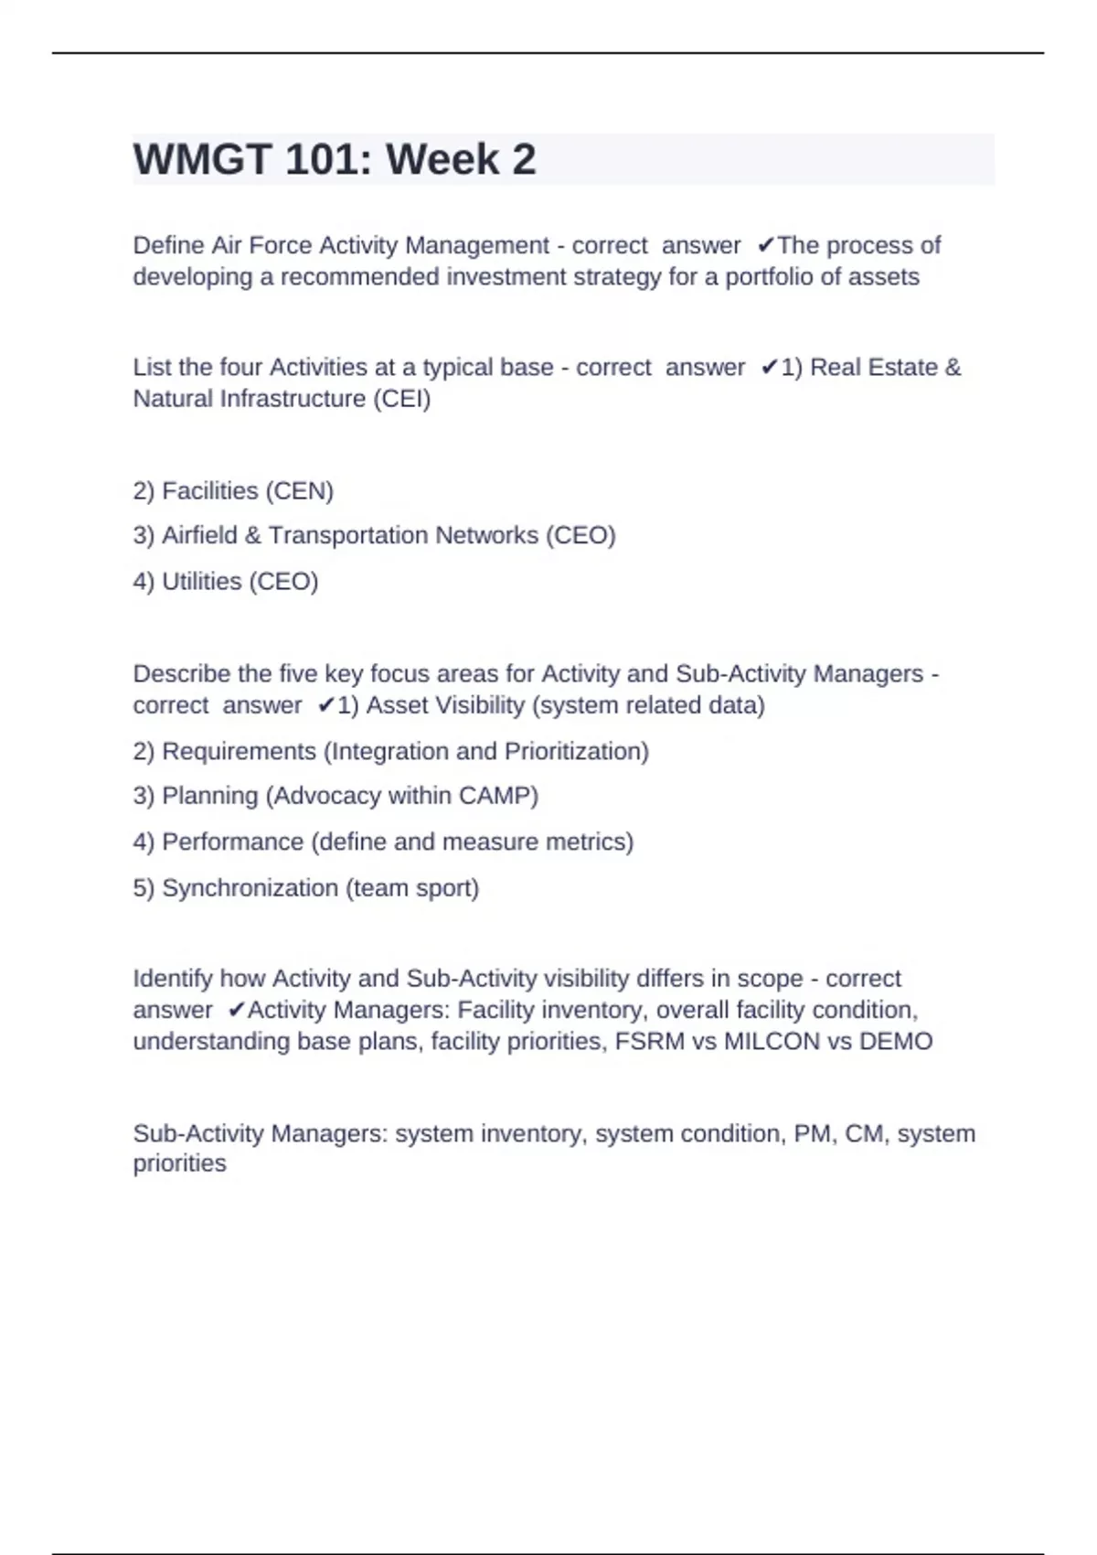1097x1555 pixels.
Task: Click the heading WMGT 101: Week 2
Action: pos(335,160)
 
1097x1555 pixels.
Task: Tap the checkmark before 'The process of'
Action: pos(766,245)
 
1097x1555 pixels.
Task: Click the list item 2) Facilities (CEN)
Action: pos(233,491)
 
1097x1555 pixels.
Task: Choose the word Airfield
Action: pos(199,535)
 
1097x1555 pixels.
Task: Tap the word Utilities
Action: pos(201,582)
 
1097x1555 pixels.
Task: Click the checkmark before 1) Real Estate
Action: pos(769,368)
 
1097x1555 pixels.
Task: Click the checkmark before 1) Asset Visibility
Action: pos(325,705)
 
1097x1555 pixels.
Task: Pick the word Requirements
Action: pos(239,751)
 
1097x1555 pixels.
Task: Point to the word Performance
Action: pos(232,842)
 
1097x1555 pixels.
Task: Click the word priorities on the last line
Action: pos(179,1164)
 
